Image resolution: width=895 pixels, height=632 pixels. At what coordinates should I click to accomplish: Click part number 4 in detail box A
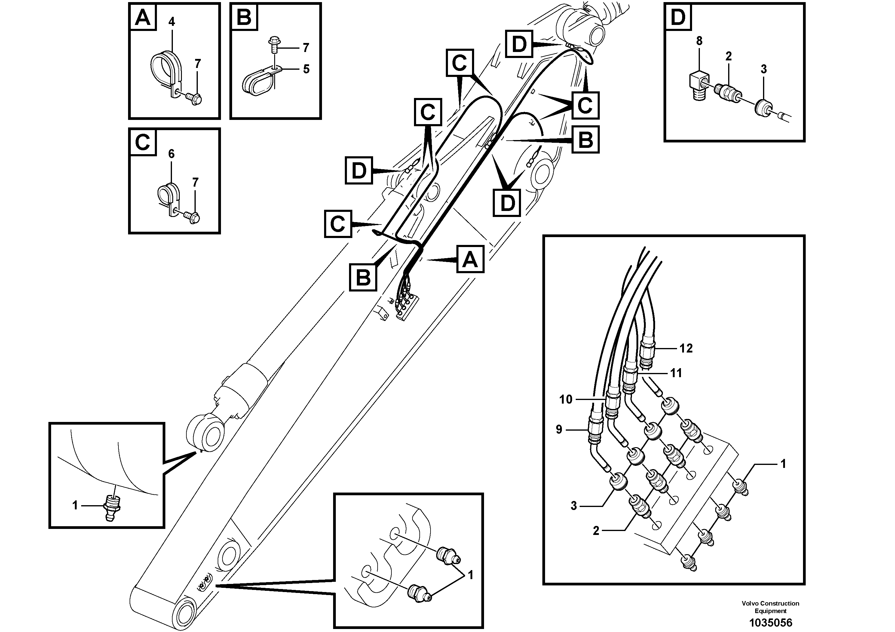(172, 22)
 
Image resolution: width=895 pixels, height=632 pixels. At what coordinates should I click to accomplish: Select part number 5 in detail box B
(306, 69)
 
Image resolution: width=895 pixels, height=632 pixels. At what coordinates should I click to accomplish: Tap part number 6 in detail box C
(172, 154)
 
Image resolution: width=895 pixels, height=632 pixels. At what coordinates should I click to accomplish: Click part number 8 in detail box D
(699, 41)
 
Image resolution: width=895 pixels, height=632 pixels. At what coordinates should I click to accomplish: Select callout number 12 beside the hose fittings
(686, 348)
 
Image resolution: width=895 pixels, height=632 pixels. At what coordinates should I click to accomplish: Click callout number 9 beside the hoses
(559, 429)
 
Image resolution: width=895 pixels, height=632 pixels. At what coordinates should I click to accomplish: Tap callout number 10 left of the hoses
(566, 399)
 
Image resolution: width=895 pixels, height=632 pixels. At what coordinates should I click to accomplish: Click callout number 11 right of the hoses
(676, 373)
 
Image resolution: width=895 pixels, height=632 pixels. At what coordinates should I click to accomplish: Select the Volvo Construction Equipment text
(770, 607)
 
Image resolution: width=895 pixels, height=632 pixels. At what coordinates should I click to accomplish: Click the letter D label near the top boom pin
(519, 44)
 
